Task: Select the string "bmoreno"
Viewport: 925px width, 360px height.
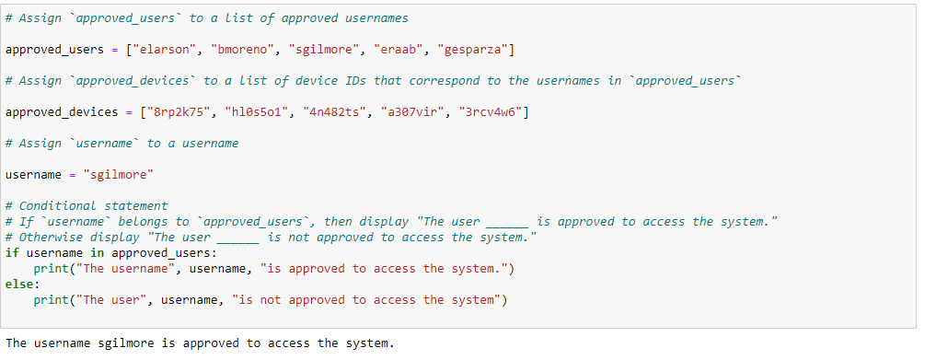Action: coord(242,50)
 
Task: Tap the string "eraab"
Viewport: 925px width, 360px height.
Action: coord(399,50)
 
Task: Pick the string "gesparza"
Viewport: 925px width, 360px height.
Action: coord(472,50)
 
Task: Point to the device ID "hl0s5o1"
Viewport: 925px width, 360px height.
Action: coord(257,112)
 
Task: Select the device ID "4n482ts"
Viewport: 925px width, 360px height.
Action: coord(334,112)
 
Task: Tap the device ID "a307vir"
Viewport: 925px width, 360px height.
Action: coord(412,112)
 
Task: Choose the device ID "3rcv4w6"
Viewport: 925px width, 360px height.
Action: coord(491,112)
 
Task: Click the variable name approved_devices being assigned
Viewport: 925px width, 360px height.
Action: coord(62,112)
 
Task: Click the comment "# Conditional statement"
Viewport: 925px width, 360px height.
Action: coord(87,206)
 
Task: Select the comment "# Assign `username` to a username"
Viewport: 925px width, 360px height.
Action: coord(122,144)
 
